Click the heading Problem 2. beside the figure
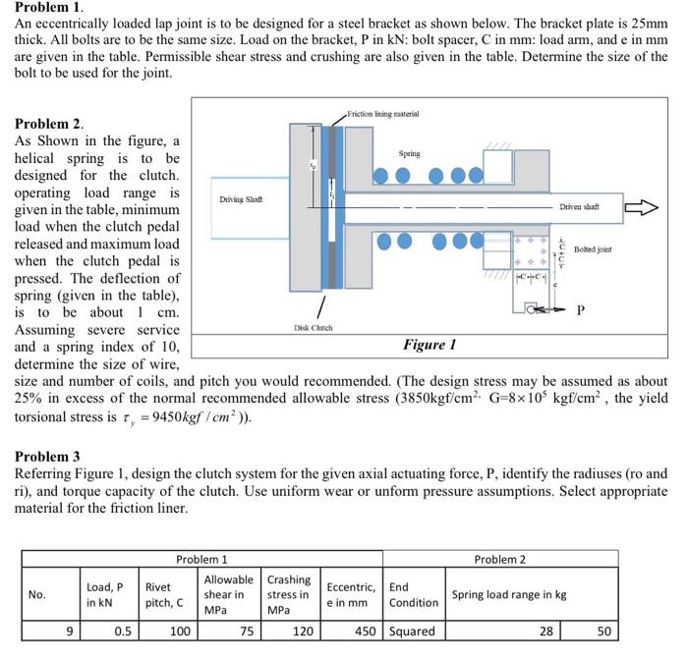click(48, 125)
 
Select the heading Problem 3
click(46, 457)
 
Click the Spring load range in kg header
click(509, 594)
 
